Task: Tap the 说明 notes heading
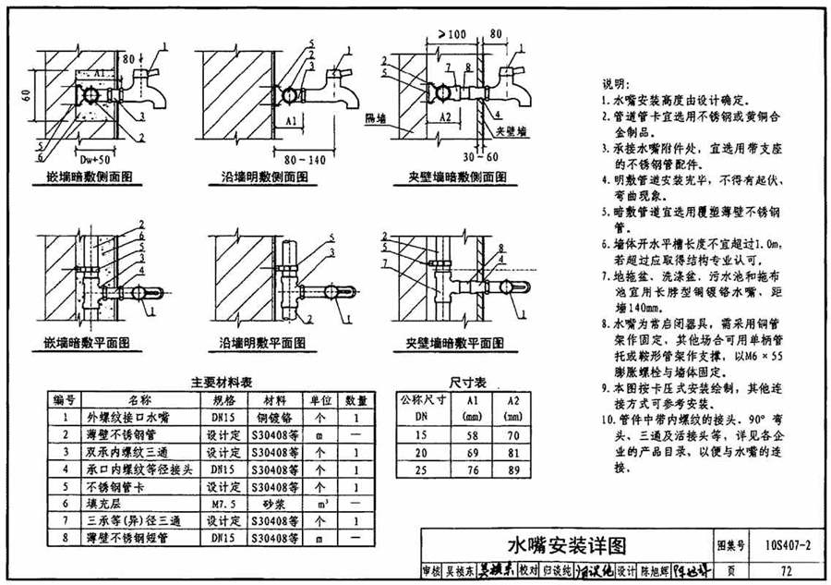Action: (x=616, y=83)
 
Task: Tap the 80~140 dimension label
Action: (x=306, y=160)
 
